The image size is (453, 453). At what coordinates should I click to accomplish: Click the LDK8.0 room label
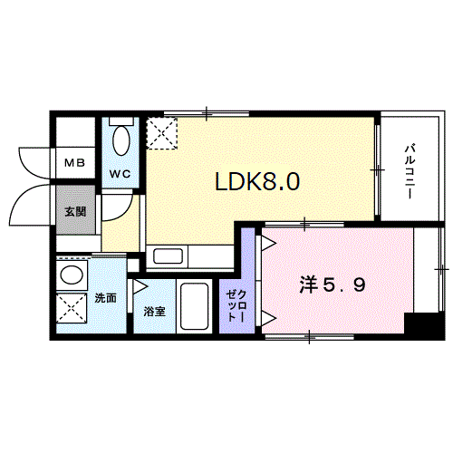pos(257,181)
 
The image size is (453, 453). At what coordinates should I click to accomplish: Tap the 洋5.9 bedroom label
pos(332,284)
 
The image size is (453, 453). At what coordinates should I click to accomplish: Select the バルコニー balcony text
pos(410,170)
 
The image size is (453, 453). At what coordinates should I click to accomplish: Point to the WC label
pos(120,173)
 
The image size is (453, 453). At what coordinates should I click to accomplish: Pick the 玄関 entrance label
pos(74,212)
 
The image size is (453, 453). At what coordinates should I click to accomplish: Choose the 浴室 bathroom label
pos(154,311)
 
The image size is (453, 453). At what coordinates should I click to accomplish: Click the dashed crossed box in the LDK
pos(163,135)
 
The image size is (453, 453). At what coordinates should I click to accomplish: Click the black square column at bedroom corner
pos(419,323)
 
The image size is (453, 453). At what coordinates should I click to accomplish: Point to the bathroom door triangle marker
pos(140,286)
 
